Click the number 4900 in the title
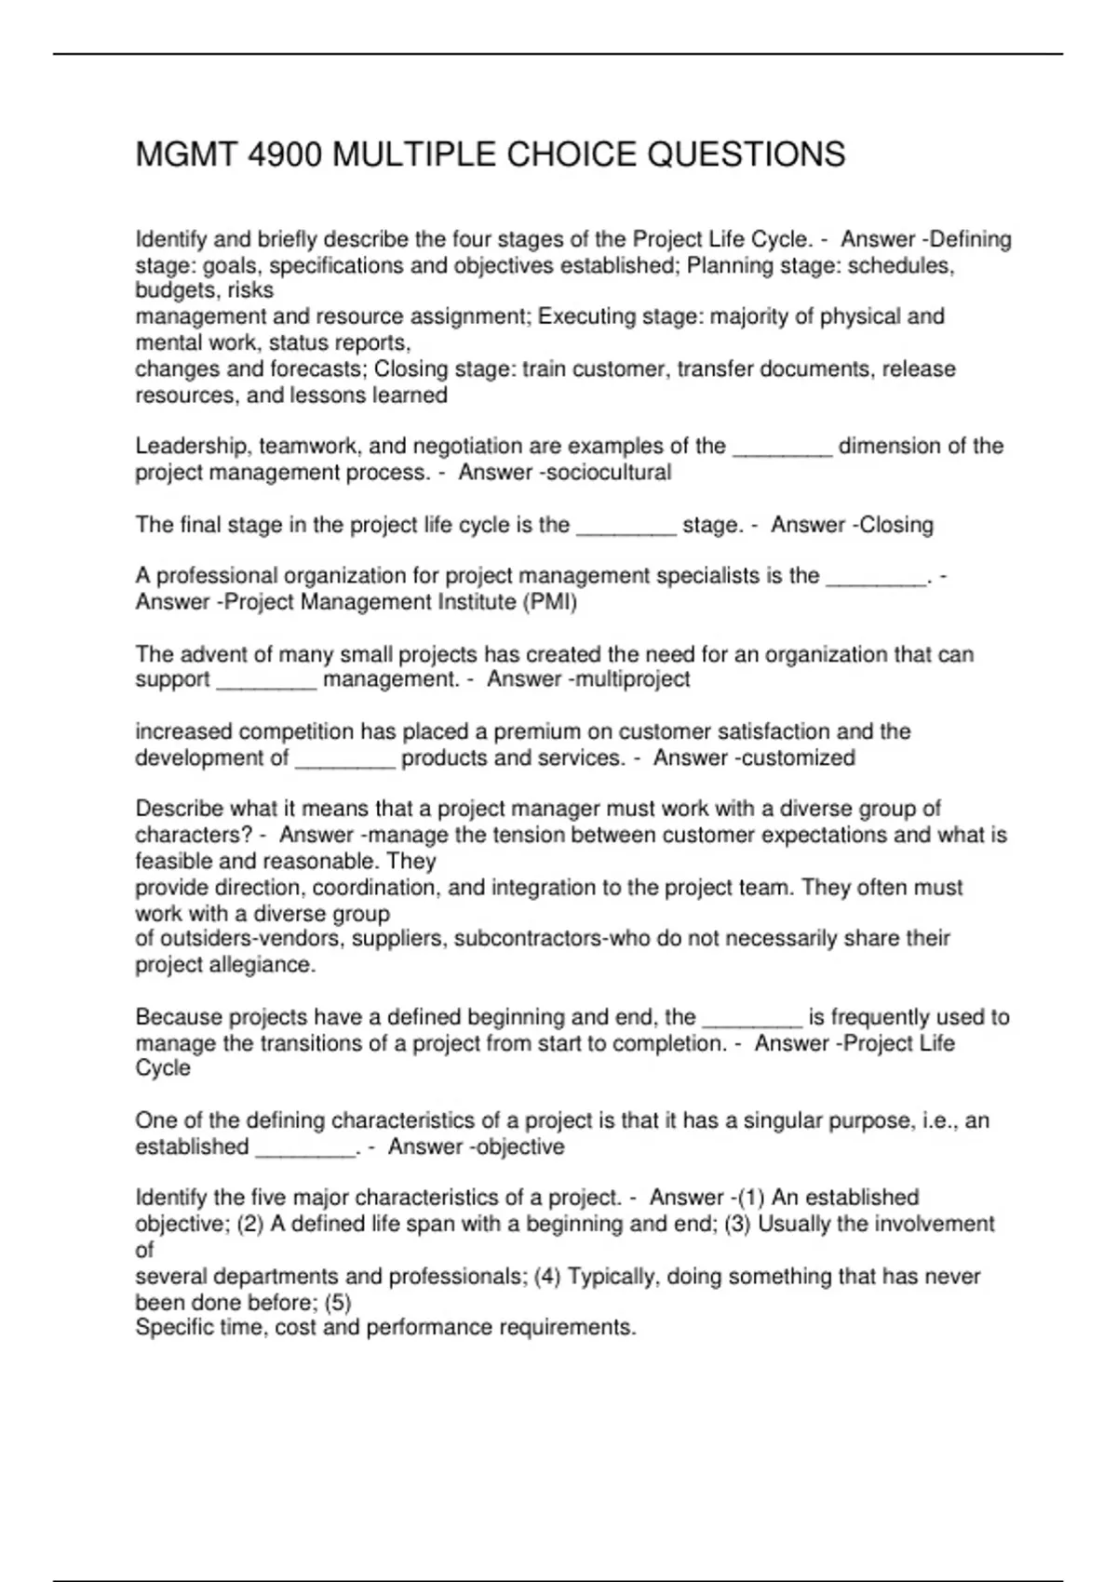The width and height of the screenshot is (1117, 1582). coord(285,154)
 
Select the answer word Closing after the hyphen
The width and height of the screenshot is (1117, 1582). coord(896,525)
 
